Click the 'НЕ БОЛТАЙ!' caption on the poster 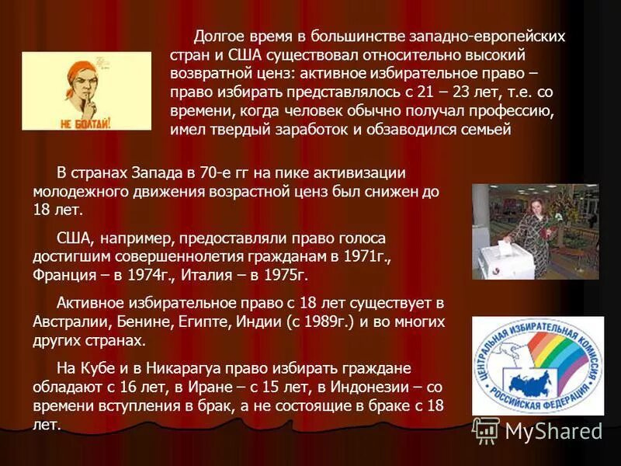pos(85,123)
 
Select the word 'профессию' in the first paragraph pos(515,110)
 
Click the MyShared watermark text pos(553,431)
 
